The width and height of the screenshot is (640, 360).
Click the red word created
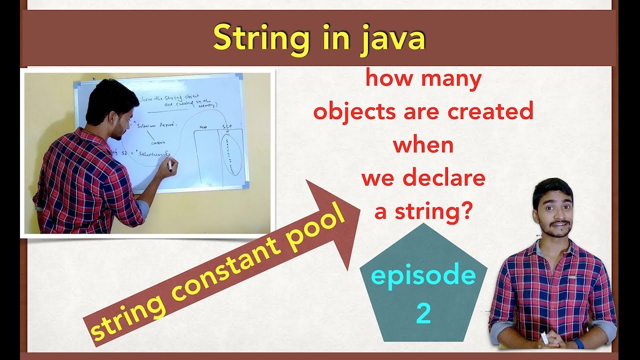point(490,111)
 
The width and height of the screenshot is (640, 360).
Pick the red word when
point(423,144)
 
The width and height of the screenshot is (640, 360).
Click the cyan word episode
point(423,276)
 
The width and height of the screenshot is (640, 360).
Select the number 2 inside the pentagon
point(423,313)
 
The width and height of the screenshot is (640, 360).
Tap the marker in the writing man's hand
point(169,165)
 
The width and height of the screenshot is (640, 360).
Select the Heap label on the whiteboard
point(203,127)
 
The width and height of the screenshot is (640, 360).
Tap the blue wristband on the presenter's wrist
point(578,343)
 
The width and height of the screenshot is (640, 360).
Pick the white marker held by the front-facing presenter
point(544,337)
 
